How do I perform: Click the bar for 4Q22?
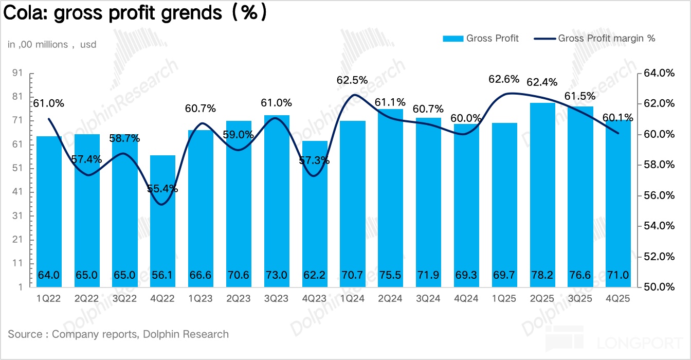pos(162,221)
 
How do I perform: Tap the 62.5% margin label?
pos(352,80)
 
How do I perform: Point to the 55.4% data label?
pos(162,189)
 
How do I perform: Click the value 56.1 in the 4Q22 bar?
pos(162,275)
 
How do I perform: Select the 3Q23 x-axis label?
pos(277,298)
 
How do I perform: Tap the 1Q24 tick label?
pos(352,298)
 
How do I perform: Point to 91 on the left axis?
pos(17,73)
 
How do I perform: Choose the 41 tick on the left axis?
pos(17,192)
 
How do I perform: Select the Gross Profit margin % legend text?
pos(607,38)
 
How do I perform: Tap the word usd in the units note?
pos(88,45)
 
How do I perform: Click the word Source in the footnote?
pos(25,334)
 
